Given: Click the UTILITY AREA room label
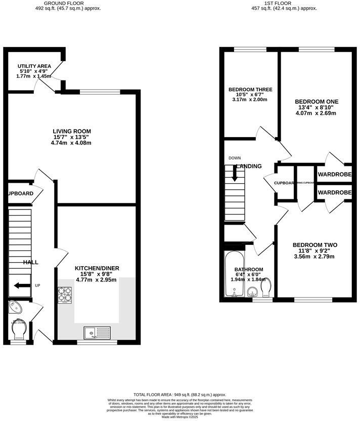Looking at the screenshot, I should click(x=34, y=66).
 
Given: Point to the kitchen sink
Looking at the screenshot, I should click(x=97, y=332).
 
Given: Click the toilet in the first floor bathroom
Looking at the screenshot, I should click(x=266, y=289).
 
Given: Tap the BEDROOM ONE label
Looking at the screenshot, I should click(x=317, y=101).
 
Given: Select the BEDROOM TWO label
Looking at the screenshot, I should click(x=315, y=245).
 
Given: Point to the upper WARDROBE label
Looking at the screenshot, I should click(x=334, y=175).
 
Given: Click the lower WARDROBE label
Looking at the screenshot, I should click(x=334, y=193).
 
